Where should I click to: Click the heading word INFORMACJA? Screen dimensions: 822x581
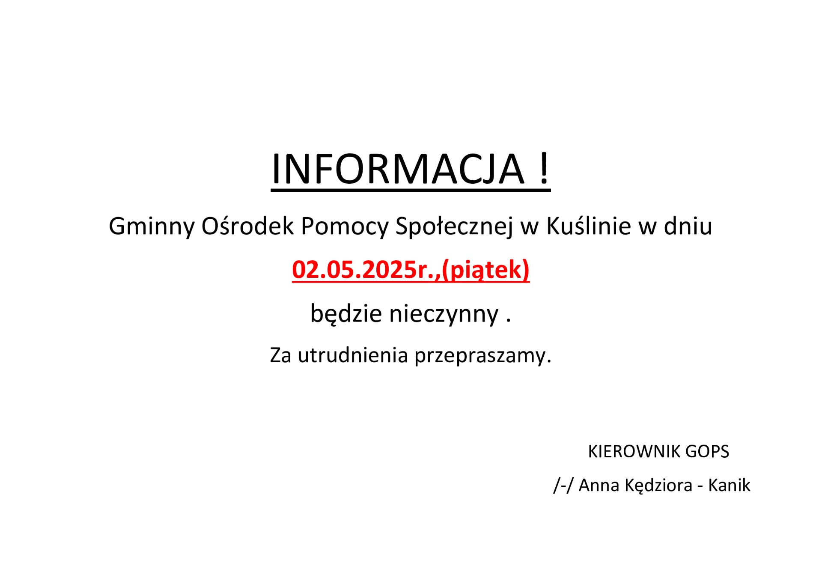point(398,169)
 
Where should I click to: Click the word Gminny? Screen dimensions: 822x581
point(152,226)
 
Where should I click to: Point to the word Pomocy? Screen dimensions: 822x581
point(345,226)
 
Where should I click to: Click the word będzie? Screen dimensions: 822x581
point(346,314)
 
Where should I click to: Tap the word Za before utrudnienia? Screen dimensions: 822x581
point(280,355)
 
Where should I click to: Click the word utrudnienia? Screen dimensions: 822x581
point(353,355)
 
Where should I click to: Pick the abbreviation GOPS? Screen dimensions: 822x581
point(707,452)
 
